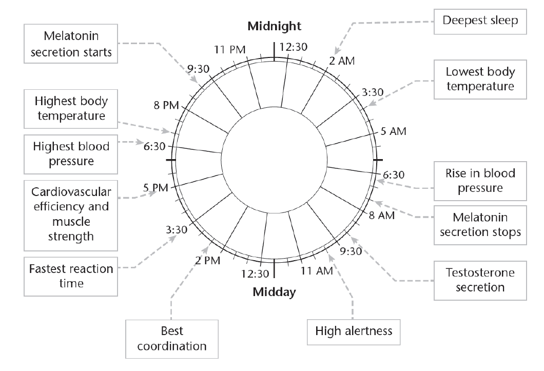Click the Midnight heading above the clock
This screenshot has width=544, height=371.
click(x=274, y=26)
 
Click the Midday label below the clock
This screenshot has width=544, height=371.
click(x=274, y=293)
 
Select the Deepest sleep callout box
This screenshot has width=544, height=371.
click(x=480, y=21)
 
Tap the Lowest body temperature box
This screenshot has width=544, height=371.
click(x=480, y=79)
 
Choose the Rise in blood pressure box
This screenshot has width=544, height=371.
click(x=480, y=181)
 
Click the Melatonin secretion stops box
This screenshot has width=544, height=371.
click(x=480, y=225)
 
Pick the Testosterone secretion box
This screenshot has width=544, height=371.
click(x=480, y=279)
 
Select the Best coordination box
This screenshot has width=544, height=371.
click(x=172, y=339)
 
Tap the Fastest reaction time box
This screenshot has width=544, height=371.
click(x=70, y=276)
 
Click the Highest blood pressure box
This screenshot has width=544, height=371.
click(x=71, y=154)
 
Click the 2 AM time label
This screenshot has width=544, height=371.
click(x=341, y=61)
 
